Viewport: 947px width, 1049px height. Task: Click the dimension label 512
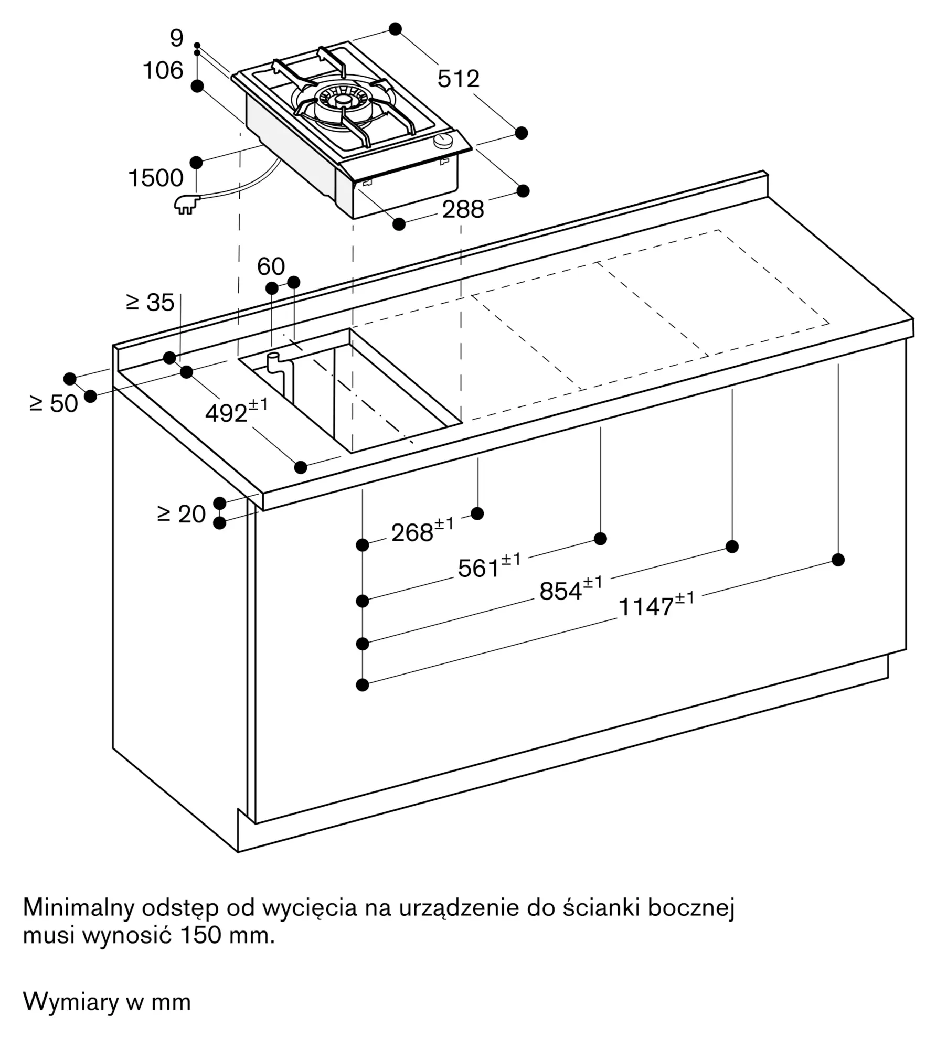tap(459, 79)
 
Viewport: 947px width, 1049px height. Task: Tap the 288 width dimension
tap(463, 210)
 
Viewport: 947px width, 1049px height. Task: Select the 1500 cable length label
tap(156, 178)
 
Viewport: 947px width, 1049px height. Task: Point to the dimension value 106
tap(163, 71)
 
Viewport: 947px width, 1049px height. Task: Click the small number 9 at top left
tap(177, 38)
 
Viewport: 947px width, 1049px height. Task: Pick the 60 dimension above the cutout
tap(271, 266)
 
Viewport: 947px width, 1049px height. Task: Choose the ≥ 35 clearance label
tap(150, 302)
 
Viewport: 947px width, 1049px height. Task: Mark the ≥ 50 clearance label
tap(54, 403)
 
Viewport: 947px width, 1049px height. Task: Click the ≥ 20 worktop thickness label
tap(182, 514)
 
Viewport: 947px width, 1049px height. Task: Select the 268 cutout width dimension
tap(422, 531)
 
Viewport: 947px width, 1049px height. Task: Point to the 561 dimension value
tap(489, 566)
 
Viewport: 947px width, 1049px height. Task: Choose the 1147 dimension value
tap(656, 605)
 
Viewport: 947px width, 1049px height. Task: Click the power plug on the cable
tap(187, 204)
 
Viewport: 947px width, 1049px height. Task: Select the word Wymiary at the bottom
tap(71, 1002)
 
